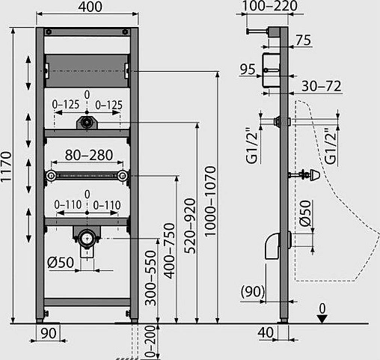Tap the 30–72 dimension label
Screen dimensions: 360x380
[326, 86]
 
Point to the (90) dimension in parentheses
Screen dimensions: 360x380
[252, 290]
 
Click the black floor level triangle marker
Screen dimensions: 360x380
[322, 318]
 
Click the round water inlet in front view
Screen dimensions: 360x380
[88, 120]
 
